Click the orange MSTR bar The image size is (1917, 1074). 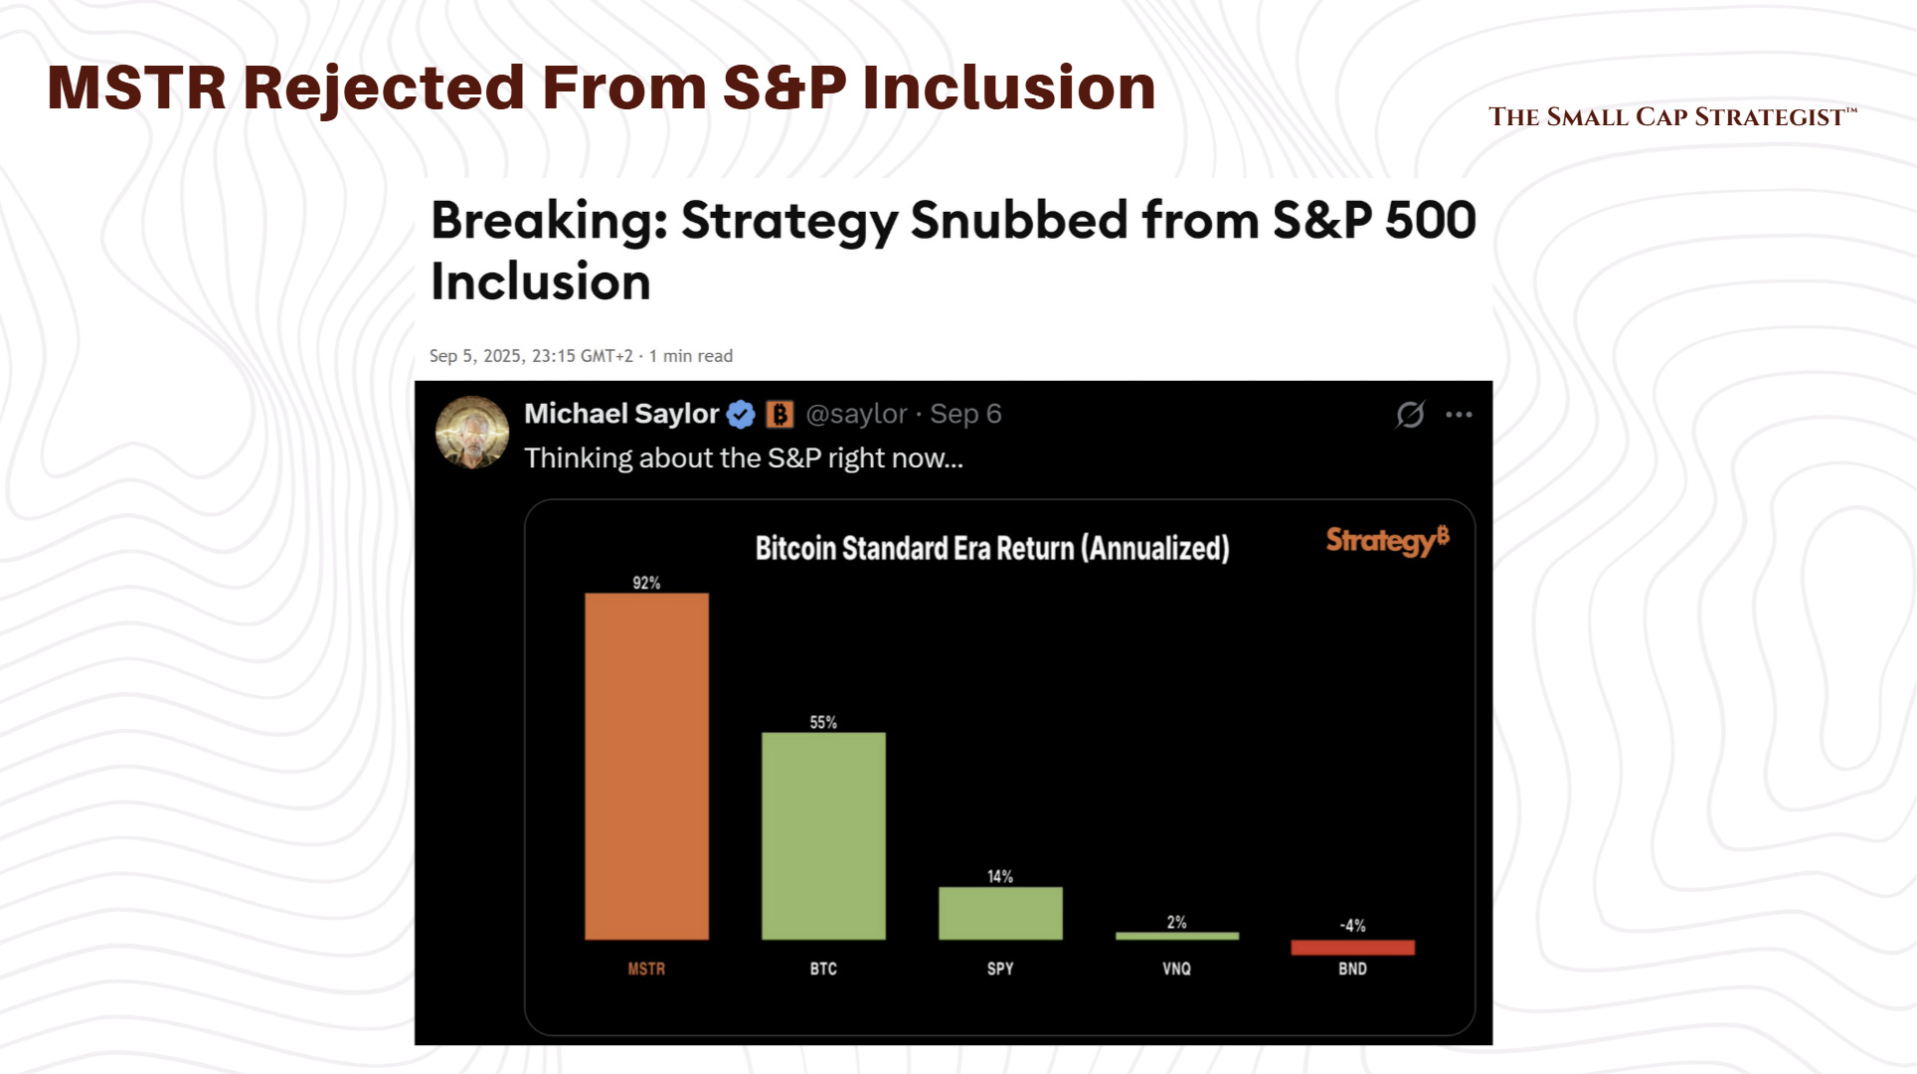click(646, 766)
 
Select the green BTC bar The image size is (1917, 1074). click(823, 835)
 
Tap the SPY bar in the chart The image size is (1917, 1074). click(1000, 913)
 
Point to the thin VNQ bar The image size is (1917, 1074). click(1177, 936)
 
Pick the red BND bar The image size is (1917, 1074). click(1352, 948)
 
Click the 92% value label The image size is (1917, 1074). click(646, 583)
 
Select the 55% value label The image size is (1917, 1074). click(823, 722)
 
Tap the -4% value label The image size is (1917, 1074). click(1352, 925)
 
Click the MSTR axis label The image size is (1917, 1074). click(646, 969)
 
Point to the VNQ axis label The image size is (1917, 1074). click(1176, 969)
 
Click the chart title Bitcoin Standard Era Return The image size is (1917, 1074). click(991, 548)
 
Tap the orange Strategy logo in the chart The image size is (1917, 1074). click(1387, 540)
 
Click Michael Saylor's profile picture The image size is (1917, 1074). click(472, 433)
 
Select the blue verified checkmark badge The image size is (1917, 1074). click(741, 415)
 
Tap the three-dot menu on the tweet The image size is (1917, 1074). click(1459, 415)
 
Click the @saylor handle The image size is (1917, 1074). click(856, 414)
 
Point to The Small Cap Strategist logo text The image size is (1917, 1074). click(1671, 117)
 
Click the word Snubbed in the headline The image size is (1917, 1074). click(1018, 220)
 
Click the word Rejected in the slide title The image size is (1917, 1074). click(384, 88)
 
